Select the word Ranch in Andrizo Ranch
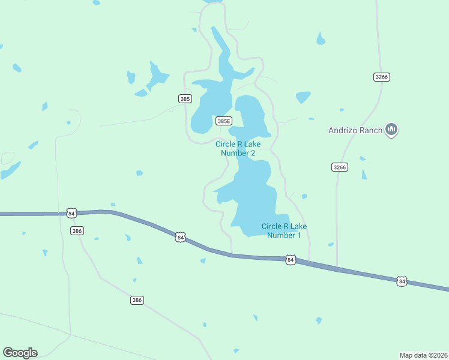[372, 130]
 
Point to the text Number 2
[238, 153]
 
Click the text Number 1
[284, 235]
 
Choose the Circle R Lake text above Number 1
[284, 226]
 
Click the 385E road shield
[223, 121]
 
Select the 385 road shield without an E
[185, 98]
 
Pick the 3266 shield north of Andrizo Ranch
[381, 77]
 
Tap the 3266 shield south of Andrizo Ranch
[339, 167]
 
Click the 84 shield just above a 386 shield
[72, 213]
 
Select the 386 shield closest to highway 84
[76, 230]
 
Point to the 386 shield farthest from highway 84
[137, 300]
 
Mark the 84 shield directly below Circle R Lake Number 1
[291, 260]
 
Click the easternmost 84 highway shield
[402, 281]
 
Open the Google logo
[20, 353]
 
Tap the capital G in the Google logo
[8, 352]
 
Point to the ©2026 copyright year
[438, 355]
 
